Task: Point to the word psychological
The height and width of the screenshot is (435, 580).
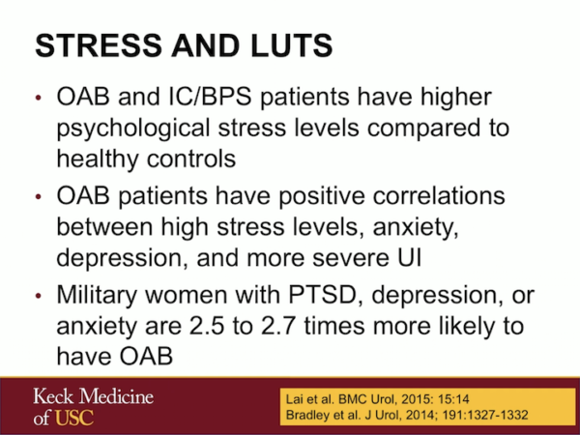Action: pyautogui.click(x=145, y=129)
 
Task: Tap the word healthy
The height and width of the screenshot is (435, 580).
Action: pyautogui.click(x=99, y=158)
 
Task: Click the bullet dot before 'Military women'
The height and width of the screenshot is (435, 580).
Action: pyautogui.click(x=38, y=297)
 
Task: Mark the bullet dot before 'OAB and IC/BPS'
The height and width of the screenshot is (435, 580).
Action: pyautogui.click(x=38, y=100)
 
